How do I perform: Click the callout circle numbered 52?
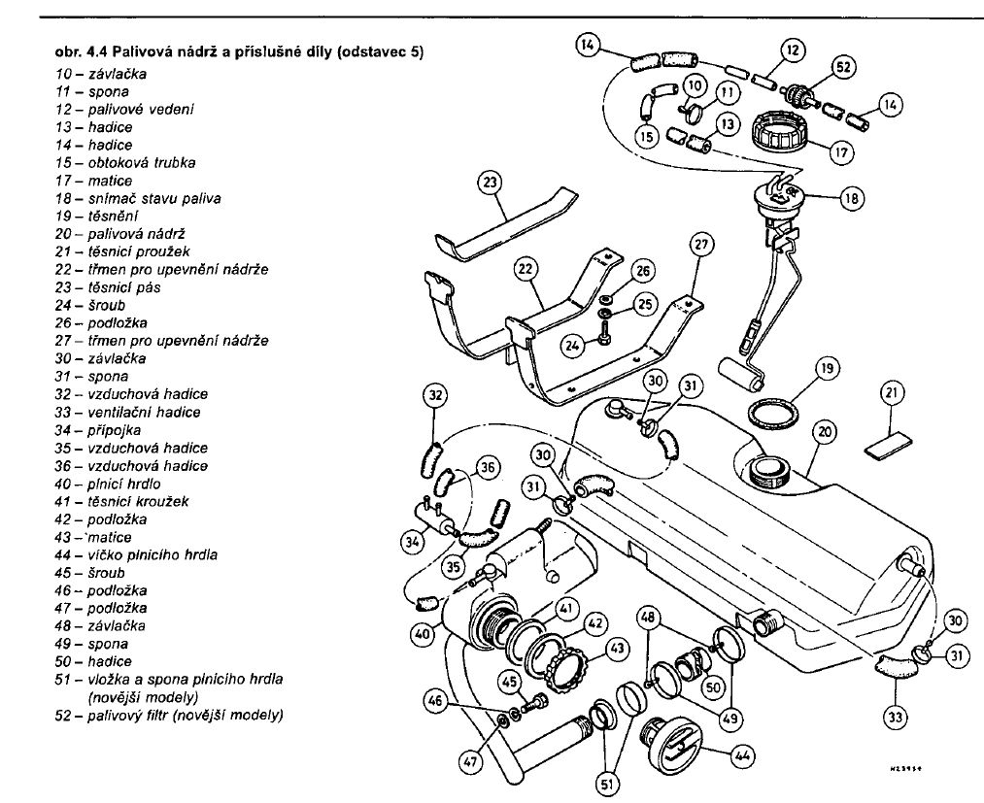click(843, 68)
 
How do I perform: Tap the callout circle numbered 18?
click(852, 198)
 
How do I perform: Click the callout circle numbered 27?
click(701, 245)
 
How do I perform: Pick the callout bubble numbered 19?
click(827, 370)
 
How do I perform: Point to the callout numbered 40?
click(421, 634)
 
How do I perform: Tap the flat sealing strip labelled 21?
click(889, 443)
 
